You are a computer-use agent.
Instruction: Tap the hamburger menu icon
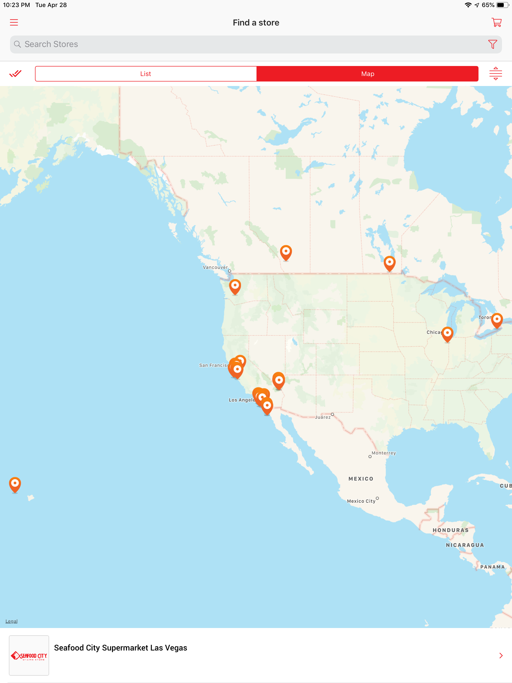[x=14, y=22]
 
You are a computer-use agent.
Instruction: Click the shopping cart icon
[x=496, y=22]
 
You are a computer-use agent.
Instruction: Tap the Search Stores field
[x=247, y=44]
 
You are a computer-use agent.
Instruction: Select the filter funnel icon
[x=492, y=44]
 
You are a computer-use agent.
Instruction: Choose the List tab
[x=146, y=74]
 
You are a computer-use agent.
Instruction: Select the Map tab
[x=367, y=74]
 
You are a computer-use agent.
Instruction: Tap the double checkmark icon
[x=15, y=74]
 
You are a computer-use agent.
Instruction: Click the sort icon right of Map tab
[x=495, y=74]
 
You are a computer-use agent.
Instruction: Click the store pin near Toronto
[x=496, y=320]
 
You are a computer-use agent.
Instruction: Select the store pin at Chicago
[x=447, y=334]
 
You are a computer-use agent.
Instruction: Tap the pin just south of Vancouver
[x=235, y=286]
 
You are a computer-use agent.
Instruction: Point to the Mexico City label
[x=361, y=501]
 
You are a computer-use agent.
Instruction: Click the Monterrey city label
[x=383, y=453]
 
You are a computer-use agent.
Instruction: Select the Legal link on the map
[x=11, y=621]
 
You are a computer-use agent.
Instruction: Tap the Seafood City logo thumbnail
[x=29, y=655]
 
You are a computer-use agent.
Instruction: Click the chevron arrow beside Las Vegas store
[x=500, y=655]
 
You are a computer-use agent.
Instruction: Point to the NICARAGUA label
[x=465, y=545]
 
